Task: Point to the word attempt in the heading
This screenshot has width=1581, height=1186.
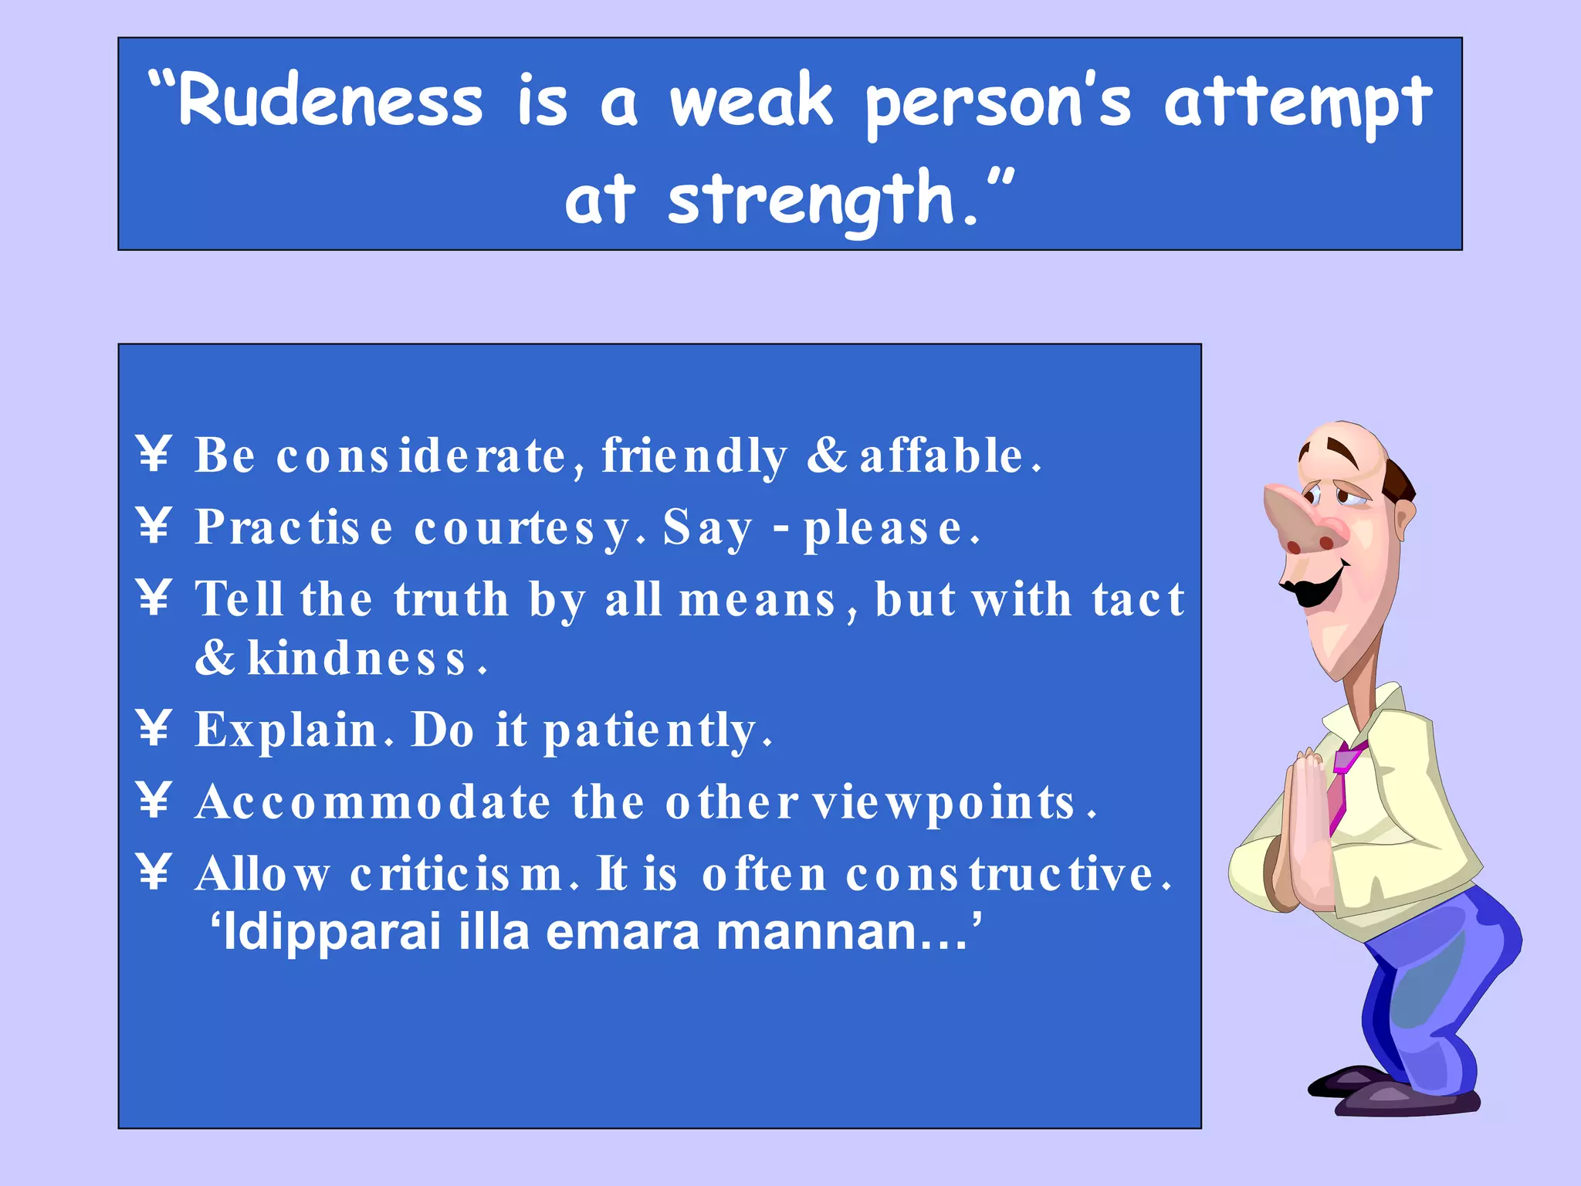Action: coord(1297,102)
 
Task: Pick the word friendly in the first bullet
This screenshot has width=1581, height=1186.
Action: coord(695,456)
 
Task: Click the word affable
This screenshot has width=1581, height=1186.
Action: coord(942,456)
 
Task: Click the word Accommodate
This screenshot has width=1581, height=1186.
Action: coord(373,802)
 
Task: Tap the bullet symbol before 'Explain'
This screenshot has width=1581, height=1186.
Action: coord(154,728)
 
